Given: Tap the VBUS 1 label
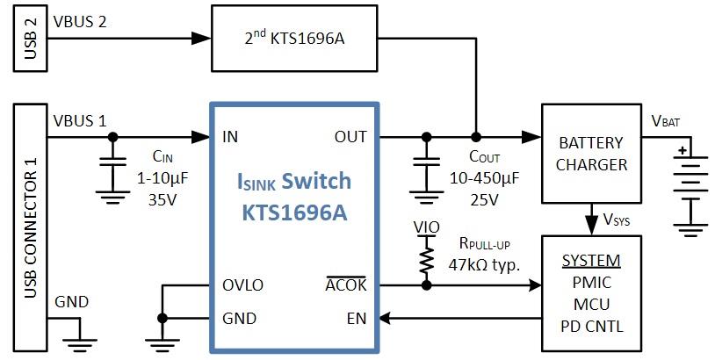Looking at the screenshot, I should coord(80,119).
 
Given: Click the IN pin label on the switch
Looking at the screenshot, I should coord(231,136).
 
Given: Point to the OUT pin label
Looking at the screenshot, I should coord(350,136).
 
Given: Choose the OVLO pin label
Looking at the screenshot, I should coord(243,285).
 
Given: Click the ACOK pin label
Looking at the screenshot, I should coord(346,285).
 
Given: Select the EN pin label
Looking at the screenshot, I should coord(356,318).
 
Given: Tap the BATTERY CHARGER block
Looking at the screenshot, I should coord(590,153).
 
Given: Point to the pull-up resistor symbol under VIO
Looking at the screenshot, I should coord(427,260).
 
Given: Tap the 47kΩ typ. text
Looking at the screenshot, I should coord(484,263).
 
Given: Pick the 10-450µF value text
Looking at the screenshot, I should coord(483,178).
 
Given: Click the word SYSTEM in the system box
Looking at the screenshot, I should coord(590,261).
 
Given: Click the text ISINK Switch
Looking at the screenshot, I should coord(294,182).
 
